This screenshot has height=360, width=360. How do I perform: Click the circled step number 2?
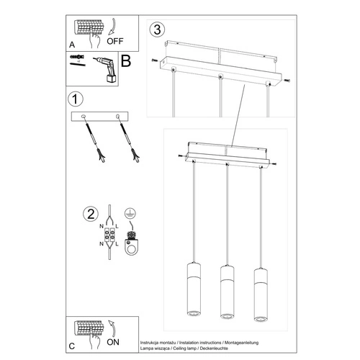90,213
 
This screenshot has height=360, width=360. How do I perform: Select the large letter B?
125,63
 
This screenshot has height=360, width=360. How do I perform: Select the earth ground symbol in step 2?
130,215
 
